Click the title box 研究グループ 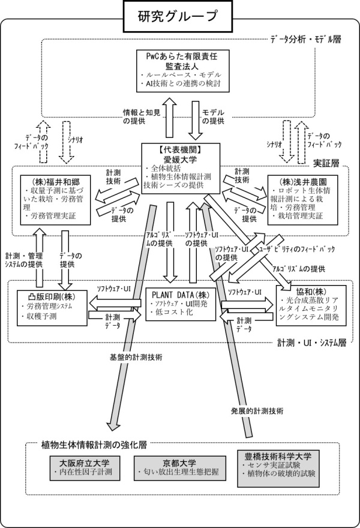[x=178, y=16]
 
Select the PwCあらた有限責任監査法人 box [x=183, y=71]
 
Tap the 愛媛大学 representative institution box [x=181, y=169]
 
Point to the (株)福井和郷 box [x=55, y=200]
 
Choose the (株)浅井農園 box [x=302, y=200]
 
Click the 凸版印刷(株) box [x=52, y=308]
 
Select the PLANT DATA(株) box [x=180, y=304]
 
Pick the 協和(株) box [x=311, y=305]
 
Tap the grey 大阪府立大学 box [x=85, y=468]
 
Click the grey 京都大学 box [x=180, y=468]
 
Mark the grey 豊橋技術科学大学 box [x=278, y=469]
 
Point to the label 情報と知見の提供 [x=142, y=116]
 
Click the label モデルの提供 [x=213, y=116]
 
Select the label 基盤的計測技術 [x=136, y=357]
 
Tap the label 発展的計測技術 [x=257, y=411]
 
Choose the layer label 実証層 [x=326, y=163]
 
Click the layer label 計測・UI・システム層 [x=312, y=343]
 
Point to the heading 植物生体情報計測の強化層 [x=94, y=445]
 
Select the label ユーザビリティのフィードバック [x=296, y=249]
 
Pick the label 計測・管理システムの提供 [x=24, y=260]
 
